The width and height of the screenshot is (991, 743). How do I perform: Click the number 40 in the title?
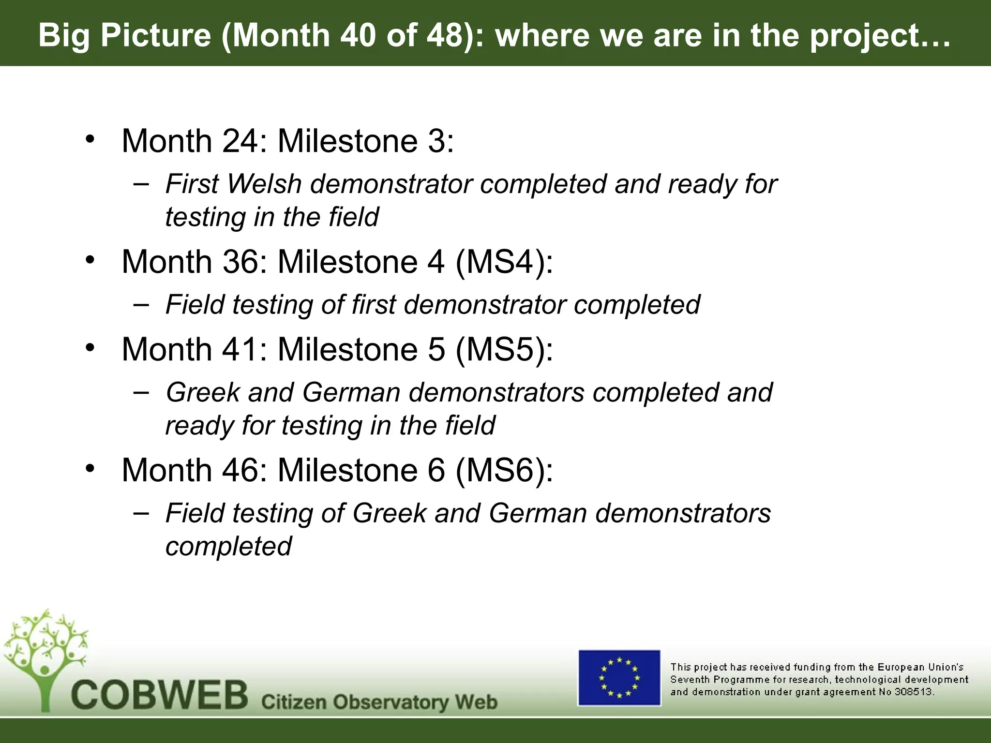point(357,35)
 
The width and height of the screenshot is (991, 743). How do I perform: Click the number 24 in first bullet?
point(240,141)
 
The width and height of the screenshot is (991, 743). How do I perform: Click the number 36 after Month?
point(240,262)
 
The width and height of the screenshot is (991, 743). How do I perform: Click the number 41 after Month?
point(240,349)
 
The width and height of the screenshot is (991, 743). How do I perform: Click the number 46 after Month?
point(240,470)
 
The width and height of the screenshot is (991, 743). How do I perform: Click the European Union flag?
point(619,677)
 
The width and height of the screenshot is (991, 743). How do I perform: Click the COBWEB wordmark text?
point(160,695)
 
